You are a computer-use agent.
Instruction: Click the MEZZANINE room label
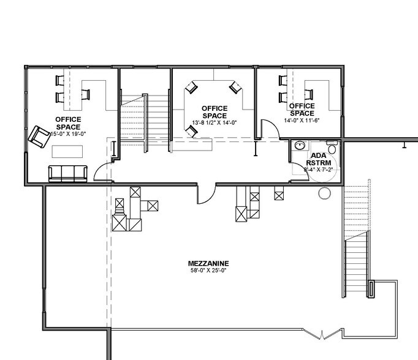coord(208,263)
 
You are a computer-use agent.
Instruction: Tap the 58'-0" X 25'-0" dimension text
coord(208,271)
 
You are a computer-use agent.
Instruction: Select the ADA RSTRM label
coord(319,159)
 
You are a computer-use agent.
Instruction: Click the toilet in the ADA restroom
coord(332,147)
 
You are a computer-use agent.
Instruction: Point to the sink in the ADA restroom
coord(300,146)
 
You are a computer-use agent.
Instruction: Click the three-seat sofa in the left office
coord(67,173)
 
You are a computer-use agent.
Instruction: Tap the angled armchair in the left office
coord(39,137)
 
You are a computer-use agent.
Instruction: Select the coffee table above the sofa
coord(67,151)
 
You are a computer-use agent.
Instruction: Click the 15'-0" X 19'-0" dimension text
coord(68,134)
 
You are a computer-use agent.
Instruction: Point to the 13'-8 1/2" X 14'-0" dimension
coord(215,122)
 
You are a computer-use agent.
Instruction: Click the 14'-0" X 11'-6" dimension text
coord(302,121)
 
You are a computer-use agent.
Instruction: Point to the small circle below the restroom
coord(325,193)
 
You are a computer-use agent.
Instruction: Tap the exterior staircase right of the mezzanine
coord(356,238)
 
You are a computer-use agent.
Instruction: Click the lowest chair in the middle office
coord(192,131)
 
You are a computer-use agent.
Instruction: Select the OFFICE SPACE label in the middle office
coord(215,112)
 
